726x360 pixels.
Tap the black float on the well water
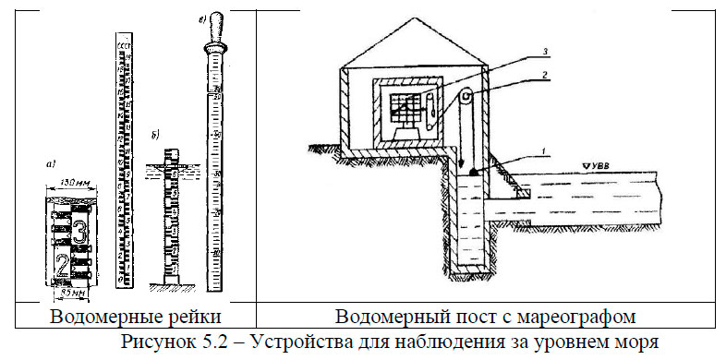(473, 173)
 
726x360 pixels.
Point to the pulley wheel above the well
(467, 96)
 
